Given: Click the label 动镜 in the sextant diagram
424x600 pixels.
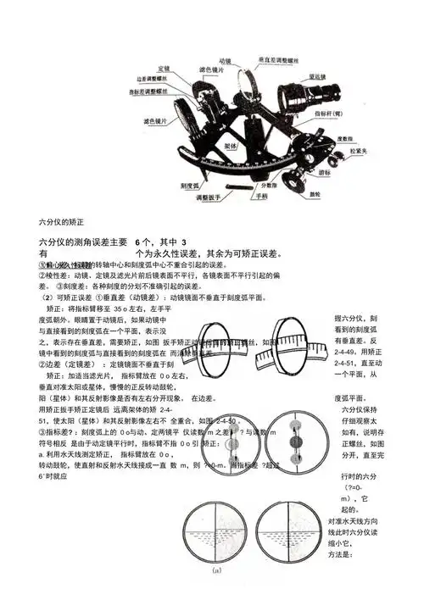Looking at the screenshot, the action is coord(225,61).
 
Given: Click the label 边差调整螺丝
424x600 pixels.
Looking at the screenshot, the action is coord(150,78).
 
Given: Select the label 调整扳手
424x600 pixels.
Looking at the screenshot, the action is coord(212,197).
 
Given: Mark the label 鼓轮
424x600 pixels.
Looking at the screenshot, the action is coord(315,194).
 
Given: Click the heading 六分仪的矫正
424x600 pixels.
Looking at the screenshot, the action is coord(62,222).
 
